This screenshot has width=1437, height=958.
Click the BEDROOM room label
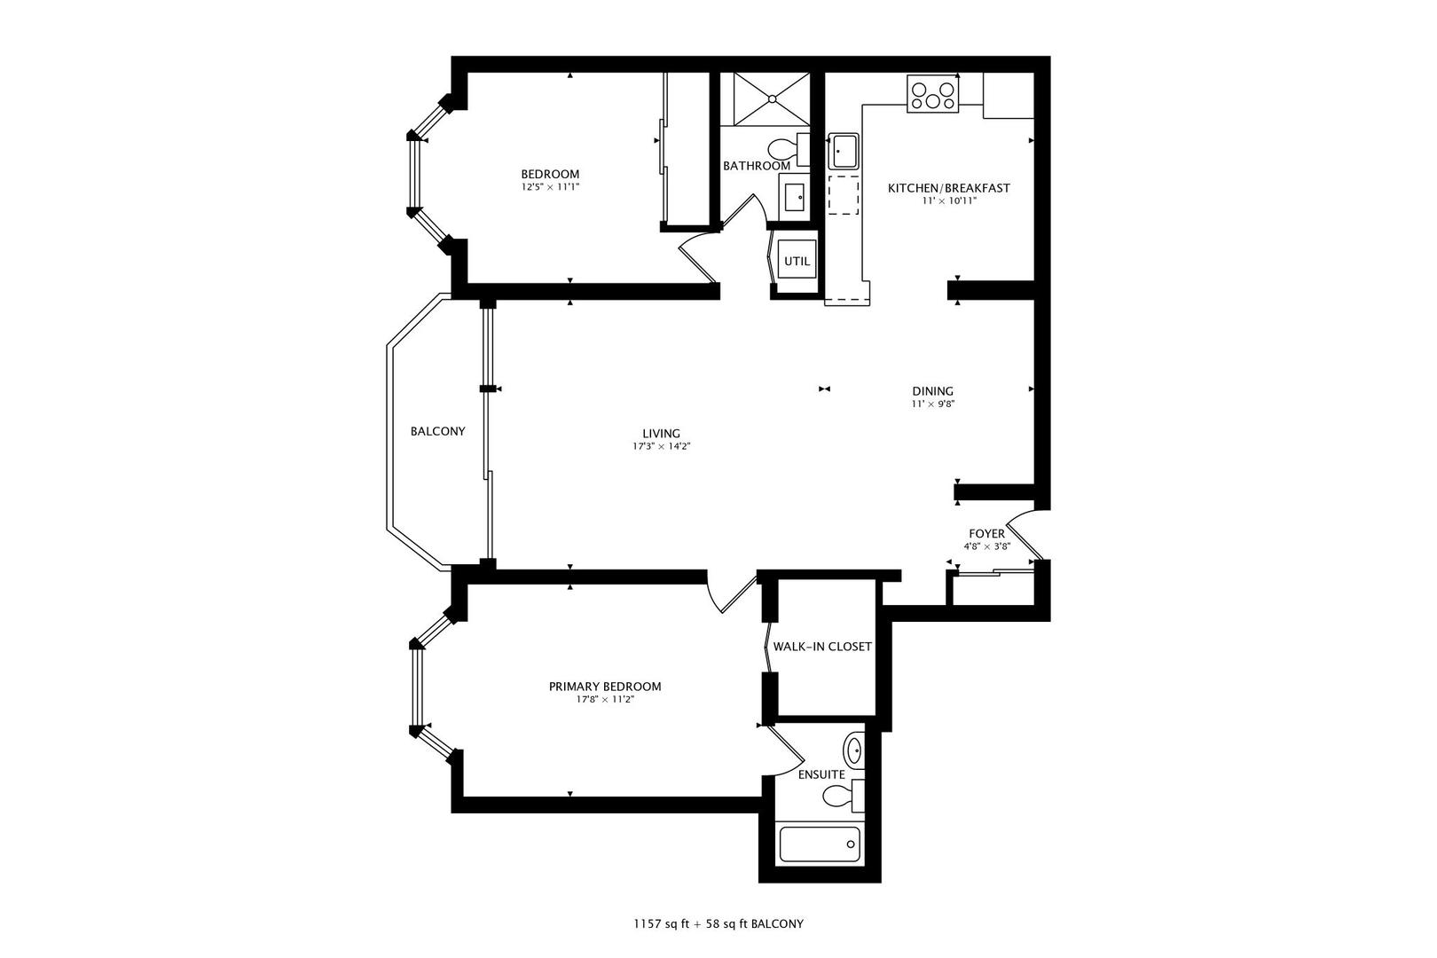550,174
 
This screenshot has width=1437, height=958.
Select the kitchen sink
843,152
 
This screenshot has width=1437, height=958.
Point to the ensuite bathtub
820,845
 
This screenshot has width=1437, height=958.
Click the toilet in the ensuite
843,797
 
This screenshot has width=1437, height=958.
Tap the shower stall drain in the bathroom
773,98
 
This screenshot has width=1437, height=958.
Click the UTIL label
797,261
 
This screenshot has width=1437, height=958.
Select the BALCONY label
437,431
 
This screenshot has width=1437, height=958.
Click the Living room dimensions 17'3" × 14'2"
662,446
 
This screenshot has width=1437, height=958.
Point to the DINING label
933,391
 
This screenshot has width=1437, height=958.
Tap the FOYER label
986,534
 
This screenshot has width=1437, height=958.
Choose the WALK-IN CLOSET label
822,646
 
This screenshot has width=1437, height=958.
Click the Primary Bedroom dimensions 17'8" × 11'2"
605,699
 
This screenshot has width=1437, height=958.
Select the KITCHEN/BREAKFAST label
949,188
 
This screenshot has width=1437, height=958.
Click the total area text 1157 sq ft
662,924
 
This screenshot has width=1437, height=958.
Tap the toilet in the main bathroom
789,150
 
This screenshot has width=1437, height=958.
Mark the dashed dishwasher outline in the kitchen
843,194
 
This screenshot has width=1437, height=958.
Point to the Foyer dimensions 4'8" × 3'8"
986,546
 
